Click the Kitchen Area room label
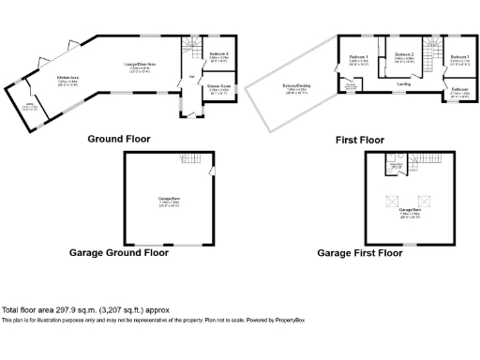(x=67, y=79)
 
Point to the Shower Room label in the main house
(x=218, y=86)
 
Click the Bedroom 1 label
(x=358, y=57)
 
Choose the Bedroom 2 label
(x=404, y=56)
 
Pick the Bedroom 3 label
(x=457, y=57)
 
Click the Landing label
(x=403, y=83)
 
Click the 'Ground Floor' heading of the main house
(x=119, y=139)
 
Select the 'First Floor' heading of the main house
(x=360, y=140)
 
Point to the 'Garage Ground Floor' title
(x=119, y=252)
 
